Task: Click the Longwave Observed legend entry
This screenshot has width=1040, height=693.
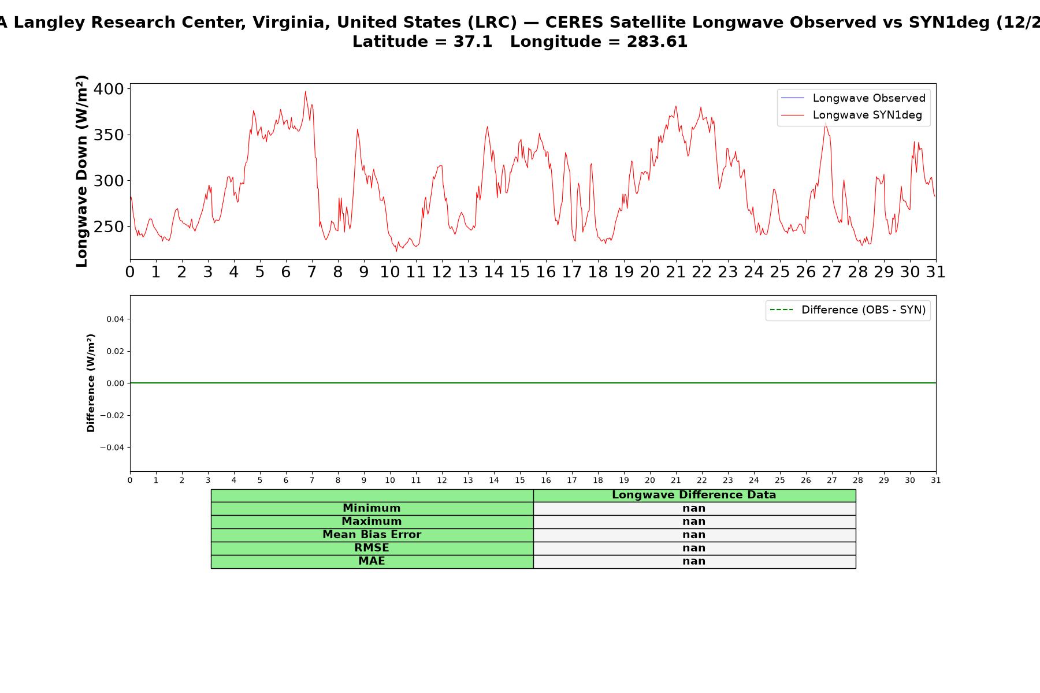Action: click(853, 98)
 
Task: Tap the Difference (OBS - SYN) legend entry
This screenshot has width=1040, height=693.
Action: click(848, 310)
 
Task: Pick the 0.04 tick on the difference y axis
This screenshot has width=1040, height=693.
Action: click(114, 319)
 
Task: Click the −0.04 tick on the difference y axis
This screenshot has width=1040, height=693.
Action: click(112, 448)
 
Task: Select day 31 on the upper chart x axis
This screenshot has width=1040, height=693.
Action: click(936, 272)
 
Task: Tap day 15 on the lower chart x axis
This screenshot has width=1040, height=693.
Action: click(520, 480)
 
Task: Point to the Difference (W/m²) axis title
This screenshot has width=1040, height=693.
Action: click(91, 383)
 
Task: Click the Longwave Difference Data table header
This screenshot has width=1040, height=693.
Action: click(694, 495)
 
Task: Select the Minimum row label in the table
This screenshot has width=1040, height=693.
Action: click(372, 508)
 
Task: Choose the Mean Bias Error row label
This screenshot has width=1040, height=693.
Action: click(372, 535)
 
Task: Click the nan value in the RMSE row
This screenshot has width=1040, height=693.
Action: click(694, 548)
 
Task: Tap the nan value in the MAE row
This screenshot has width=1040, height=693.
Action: click(694, 561)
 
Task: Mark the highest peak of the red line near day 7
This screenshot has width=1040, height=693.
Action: click(306, 91)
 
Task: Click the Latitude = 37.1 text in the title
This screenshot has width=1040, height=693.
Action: click(422, 42)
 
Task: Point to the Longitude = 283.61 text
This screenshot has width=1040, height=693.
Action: click(599, 42)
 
